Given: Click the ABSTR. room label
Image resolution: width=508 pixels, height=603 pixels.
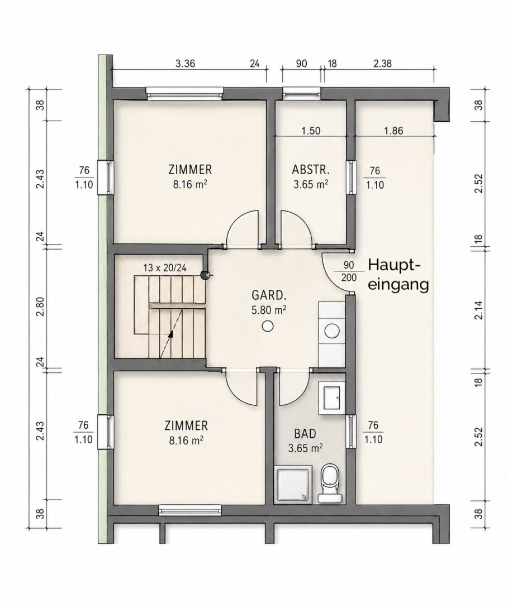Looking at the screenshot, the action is [311, 170].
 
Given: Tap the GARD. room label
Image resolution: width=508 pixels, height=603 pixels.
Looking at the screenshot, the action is [269, 295].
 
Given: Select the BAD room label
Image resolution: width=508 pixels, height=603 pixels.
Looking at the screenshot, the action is [305, 434].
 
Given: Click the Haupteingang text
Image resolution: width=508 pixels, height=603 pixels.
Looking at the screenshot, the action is [398, 275].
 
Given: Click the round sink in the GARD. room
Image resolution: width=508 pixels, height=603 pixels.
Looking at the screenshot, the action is [331, 329].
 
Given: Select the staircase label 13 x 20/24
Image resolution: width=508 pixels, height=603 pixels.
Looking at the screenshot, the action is [165, 268].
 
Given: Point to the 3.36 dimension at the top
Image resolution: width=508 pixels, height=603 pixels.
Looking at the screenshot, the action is [186, 63].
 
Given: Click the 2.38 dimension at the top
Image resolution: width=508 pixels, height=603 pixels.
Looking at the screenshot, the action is [382, 63].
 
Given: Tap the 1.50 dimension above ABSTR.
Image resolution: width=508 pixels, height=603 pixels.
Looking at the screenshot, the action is [311, 131].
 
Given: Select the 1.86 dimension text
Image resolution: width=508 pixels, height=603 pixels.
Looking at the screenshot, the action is [393, 131].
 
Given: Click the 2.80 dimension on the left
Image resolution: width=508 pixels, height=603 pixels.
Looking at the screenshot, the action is [40, 307].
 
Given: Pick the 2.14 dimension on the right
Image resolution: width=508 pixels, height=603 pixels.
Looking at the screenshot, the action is [478, 310].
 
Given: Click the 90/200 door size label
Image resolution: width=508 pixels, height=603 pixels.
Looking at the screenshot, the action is [349, 271].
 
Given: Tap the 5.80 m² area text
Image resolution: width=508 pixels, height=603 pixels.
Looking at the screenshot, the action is [269, 310].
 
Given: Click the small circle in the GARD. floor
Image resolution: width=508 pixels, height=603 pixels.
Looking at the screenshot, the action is [268, 326].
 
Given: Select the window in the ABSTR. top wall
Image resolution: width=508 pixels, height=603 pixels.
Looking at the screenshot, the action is [302, 93].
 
